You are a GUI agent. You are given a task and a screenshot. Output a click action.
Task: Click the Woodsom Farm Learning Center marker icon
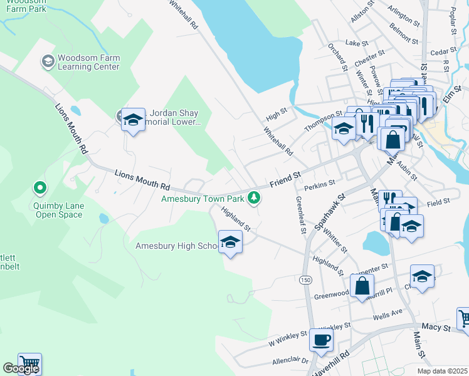click(48, 61)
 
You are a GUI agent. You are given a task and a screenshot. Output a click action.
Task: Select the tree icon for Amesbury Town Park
click(254, 198)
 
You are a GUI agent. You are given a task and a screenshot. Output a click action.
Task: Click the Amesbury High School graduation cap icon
click(230, 243)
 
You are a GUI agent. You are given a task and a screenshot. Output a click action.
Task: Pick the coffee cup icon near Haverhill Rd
click(321, 340)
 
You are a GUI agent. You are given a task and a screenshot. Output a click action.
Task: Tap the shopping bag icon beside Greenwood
click(362, 286)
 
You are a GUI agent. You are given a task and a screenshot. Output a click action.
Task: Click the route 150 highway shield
click(305, 280)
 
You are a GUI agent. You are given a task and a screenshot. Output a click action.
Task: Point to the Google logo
click(21, 369)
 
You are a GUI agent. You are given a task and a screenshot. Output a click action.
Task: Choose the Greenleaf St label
click(300, 215)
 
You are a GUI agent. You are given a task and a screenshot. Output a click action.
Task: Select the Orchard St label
click(338, 58)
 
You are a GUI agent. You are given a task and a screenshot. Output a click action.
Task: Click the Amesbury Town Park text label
click(203, 199)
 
